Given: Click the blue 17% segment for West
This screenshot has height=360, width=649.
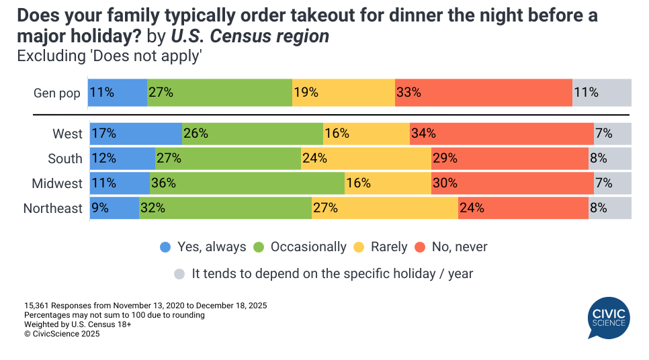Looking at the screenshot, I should click(136, 134).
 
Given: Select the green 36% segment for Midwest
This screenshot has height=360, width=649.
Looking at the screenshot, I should click(247, 183).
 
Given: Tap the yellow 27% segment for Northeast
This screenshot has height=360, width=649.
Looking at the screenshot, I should click(385, 208).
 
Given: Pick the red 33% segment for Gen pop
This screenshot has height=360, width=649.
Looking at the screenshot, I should click(483, 93).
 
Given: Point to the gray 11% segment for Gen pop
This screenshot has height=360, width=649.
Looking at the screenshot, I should click(602, 93).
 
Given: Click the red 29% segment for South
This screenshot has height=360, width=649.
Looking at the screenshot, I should click(510, 159).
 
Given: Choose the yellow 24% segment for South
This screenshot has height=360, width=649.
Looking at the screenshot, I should click(366, 159).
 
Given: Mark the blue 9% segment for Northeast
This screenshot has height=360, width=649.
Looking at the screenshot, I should click(115, 208).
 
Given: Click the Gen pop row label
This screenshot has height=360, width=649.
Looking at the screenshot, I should click(57, 93).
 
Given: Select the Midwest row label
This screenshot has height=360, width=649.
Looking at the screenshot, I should click(57, 183).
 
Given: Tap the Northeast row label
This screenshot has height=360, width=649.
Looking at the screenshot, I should click(52, 208).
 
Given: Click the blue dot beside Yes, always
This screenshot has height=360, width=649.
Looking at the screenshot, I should click(165, 247).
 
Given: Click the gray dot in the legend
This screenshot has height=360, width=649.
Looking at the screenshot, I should click(179, 274).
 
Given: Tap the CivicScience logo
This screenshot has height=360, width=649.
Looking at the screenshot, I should click(609, 318).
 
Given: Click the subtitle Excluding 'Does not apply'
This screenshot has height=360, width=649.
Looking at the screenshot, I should click(110, 56).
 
